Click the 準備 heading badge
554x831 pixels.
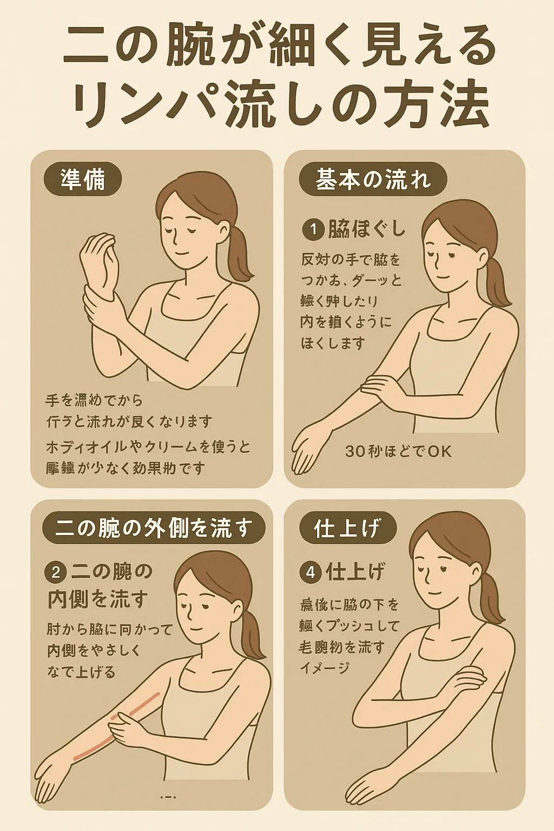83,179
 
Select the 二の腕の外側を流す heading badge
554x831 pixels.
154,528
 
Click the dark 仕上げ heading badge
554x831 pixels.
347,528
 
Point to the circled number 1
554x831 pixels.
313,230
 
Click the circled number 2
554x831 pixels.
56,572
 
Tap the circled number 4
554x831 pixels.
311,572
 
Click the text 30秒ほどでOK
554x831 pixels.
398,451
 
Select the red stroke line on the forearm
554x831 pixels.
116,725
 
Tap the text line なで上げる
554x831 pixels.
81,672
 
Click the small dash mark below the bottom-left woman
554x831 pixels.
169,797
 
